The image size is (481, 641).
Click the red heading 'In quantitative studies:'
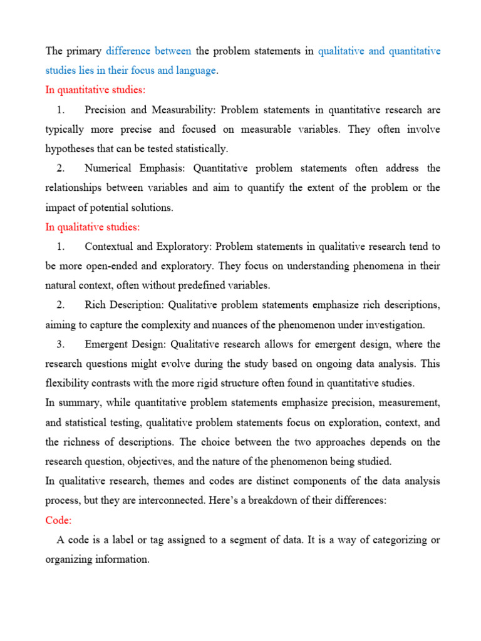[x=95, y=90]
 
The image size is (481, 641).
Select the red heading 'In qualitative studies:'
[x=93, y=227]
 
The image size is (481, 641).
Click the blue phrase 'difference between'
[x=148, y=51]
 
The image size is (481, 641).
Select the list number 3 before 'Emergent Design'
[x=60, y=344]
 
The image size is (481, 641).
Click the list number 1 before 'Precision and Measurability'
[x=60, y=110]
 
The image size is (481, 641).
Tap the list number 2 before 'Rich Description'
[x=60, y=305]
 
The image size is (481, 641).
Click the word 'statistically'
[x=199, y=148]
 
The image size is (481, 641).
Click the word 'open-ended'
[x=114, y=266]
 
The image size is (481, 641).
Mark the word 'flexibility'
[x=68, y=383]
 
